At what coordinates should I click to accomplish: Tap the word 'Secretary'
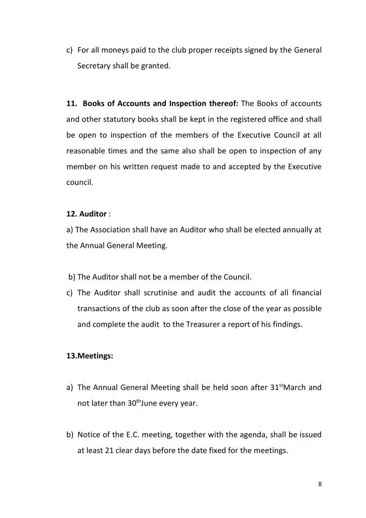coord(95,66)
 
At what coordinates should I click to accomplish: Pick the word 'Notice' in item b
coord(89,435)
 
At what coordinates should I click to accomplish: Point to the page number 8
coord(320,484)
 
